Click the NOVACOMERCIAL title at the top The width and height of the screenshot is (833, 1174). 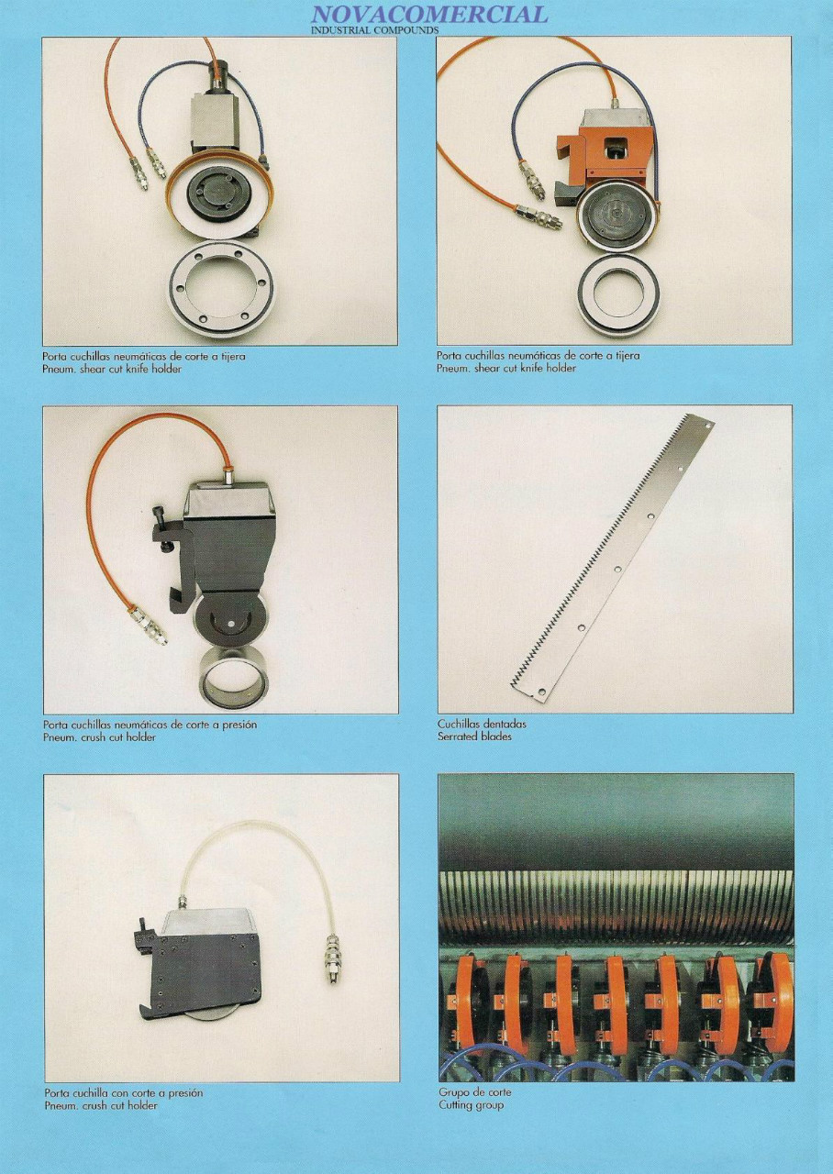pos(428,14)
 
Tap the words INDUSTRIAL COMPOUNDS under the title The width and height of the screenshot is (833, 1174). pos(374,30)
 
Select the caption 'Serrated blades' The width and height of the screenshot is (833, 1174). pos(474,737)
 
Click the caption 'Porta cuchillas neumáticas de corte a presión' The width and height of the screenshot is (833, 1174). pos(150,725)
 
